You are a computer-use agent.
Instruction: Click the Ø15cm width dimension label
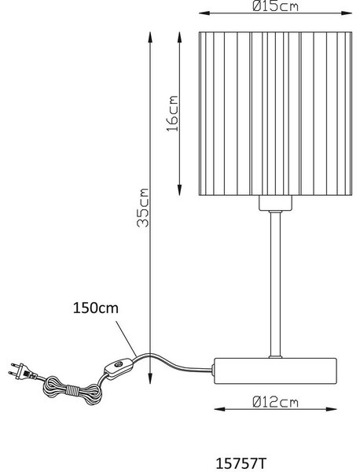(275, 6)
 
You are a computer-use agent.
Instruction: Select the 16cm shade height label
(173, 113)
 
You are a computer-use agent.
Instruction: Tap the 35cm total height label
(142, 208)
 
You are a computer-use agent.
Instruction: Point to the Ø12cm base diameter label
(275, 402)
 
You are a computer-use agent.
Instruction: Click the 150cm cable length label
(96, 308)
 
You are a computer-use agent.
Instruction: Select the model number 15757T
(241, 463)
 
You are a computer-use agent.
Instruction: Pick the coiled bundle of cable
(72, 391)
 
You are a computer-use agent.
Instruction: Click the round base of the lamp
(275, 371)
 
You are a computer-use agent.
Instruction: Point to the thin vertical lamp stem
(275, 284)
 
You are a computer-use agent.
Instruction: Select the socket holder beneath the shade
(275, 203)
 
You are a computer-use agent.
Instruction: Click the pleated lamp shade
(275, 113)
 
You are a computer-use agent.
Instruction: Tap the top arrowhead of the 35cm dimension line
(150, 37)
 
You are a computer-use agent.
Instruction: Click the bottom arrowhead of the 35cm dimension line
(150, 378)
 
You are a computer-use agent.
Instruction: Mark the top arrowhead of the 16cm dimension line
(179, 37)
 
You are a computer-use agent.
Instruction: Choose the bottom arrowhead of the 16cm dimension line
(179, 190)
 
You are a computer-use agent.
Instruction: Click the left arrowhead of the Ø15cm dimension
(205, 13)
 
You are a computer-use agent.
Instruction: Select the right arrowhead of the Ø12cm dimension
(330, 409)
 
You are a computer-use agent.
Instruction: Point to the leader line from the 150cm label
(126, 339)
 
